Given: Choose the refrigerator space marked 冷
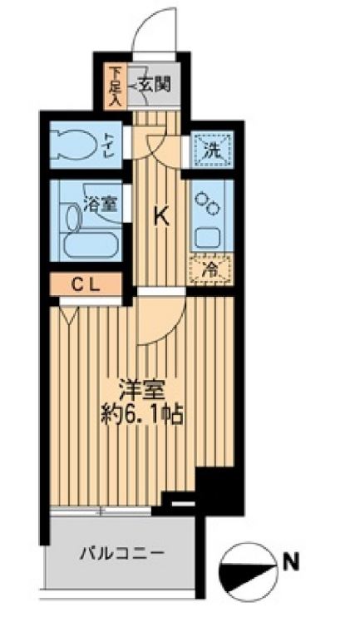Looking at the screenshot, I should (x=210, y=269).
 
